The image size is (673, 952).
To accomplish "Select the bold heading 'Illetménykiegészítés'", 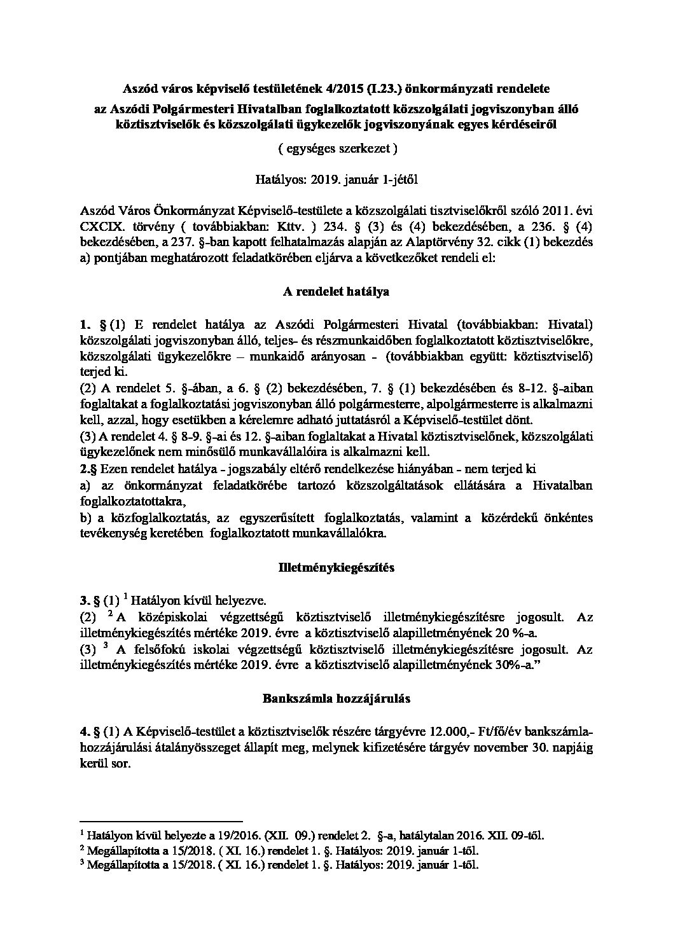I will pyautogui.click(x=336, y=568).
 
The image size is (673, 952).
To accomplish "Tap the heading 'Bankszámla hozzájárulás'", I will pyautogui.click(x=336, y=698).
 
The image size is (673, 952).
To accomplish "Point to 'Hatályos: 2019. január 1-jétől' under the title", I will pyautogui.click(x=336, y=179).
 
